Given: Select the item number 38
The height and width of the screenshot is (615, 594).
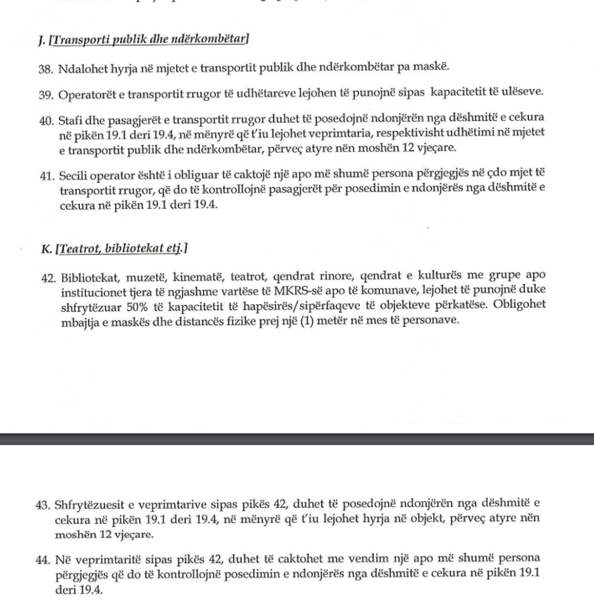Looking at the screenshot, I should (x=45, y=67).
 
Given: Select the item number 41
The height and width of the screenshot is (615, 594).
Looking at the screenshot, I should (x=46, y=176).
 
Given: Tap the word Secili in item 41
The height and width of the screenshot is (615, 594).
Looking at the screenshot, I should (x=74, y=176).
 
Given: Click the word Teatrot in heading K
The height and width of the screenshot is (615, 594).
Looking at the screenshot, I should (x=79, y=248).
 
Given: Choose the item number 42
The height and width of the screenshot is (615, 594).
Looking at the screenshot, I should (x=47, y=279).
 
